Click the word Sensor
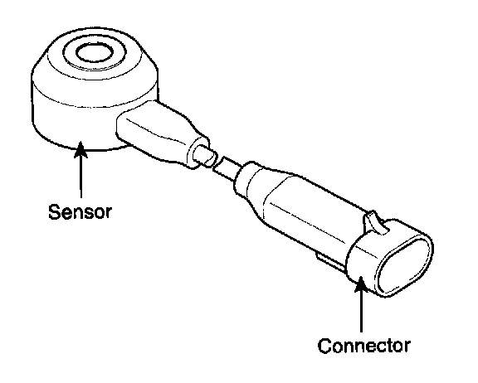pos(80,211)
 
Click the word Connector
pos(364,346)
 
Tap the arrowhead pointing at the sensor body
pos(80,149)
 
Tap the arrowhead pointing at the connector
pos(361,283)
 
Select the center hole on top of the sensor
pos(95,52)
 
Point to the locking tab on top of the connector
pos(376,221)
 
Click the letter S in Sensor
pos(54,211)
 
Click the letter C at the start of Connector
pos(325,346)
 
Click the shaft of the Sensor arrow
pos(80,177)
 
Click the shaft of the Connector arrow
pos(361,311)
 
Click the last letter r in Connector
pos(407,348)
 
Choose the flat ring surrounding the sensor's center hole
pos(95,65)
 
